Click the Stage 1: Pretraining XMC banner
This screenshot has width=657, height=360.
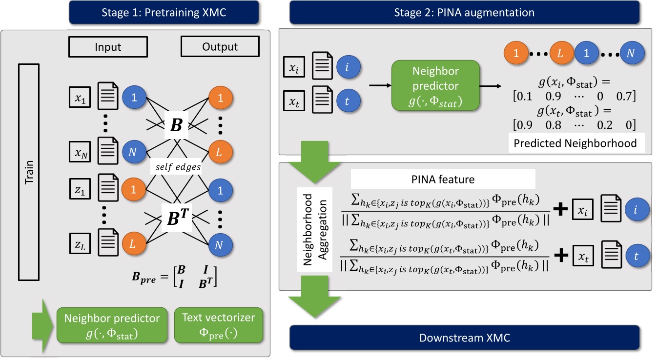(x=136, y=12)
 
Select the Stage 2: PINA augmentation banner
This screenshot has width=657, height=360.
(x=464, y=12)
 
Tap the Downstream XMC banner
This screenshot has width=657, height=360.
(x=464, y=338)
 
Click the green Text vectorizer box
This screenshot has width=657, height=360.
(x=218, y=324)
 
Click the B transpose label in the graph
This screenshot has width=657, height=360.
(x=177, y=216)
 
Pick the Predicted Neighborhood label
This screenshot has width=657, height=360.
(x=575, y=144)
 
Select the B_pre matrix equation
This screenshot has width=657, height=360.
(x=175, y=276)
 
